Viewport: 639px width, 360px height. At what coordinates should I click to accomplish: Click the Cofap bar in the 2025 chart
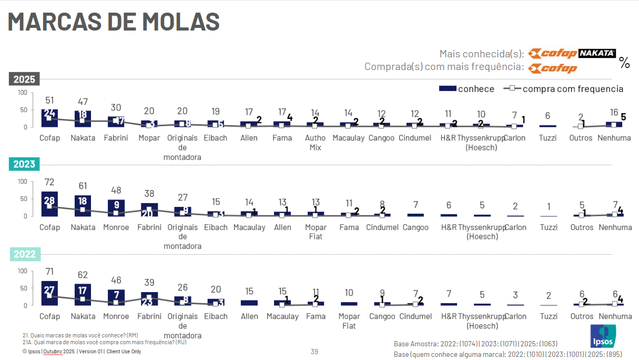click(49, 118)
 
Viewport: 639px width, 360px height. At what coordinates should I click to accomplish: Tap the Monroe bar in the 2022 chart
click(116, 297)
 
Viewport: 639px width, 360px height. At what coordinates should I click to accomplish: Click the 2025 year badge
click(24, 79)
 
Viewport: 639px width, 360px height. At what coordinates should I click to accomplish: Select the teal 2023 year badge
click(24, 164)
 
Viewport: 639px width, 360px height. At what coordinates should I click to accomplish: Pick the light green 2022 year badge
click(24, 254)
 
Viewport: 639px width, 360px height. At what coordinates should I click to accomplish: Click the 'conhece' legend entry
click(466, 89)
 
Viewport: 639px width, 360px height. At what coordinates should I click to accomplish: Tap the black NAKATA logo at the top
click(597, 53)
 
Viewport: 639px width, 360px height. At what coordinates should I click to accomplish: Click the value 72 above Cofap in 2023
click(49, 182)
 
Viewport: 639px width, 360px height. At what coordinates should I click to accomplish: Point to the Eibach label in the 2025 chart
click(216, 138)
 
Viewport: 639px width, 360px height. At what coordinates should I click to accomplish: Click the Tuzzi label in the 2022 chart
click(548, 316)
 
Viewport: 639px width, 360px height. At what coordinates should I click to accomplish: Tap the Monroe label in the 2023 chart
click(116, 227)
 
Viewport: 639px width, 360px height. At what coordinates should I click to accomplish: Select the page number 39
click(315, 352)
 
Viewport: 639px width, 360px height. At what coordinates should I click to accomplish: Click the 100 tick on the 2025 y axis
click(22, 93)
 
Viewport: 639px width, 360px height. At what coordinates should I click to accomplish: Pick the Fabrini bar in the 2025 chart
click(116, 122)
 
